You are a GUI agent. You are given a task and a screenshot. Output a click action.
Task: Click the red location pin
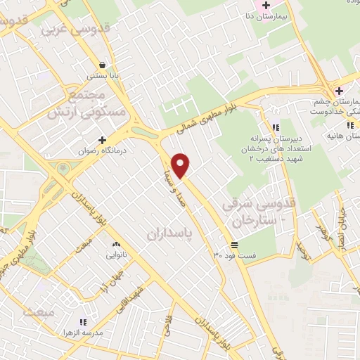[181, 166]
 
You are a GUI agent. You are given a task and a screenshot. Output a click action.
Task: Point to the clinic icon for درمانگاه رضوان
[103, 140]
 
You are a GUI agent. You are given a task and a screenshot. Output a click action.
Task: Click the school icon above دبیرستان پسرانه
[276, 127]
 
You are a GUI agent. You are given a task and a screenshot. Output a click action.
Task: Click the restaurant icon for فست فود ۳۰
[233, 245]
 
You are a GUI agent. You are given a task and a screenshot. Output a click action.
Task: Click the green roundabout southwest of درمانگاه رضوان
[64, 169]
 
